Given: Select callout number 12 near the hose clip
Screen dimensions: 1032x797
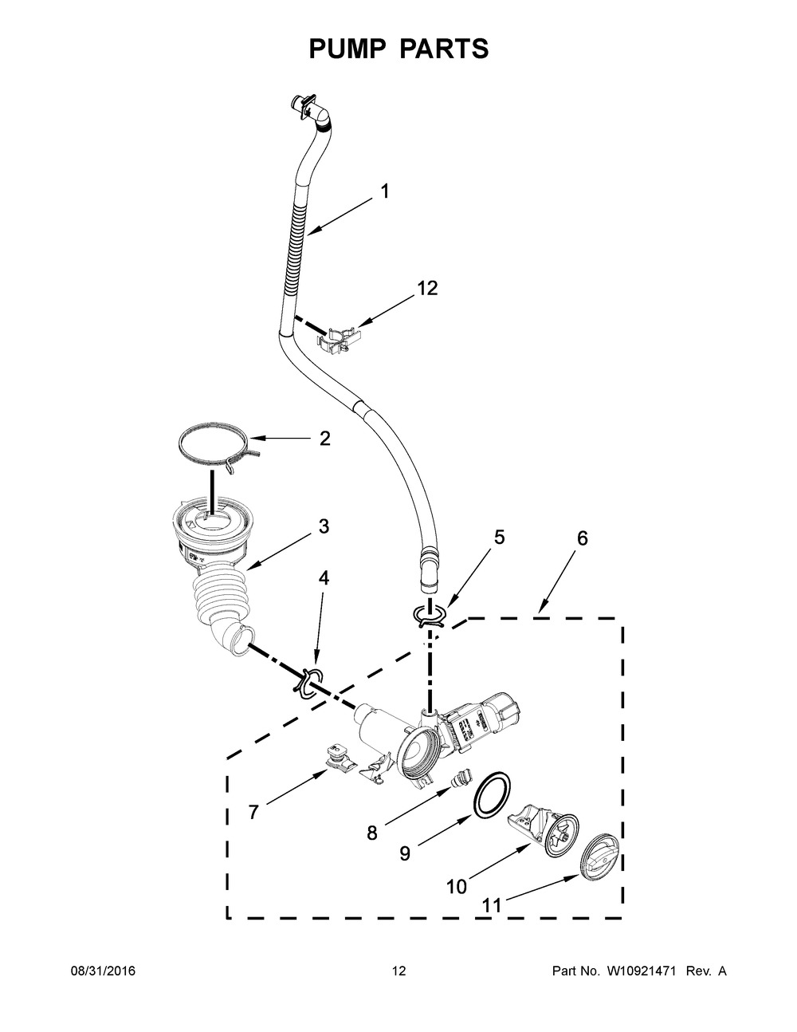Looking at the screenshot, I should point(428,289).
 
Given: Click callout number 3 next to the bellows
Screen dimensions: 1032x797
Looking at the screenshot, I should point(324,526).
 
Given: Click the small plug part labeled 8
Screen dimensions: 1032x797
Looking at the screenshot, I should point(461,778).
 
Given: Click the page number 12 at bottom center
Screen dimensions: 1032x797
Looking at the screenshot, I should point(398,971).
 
